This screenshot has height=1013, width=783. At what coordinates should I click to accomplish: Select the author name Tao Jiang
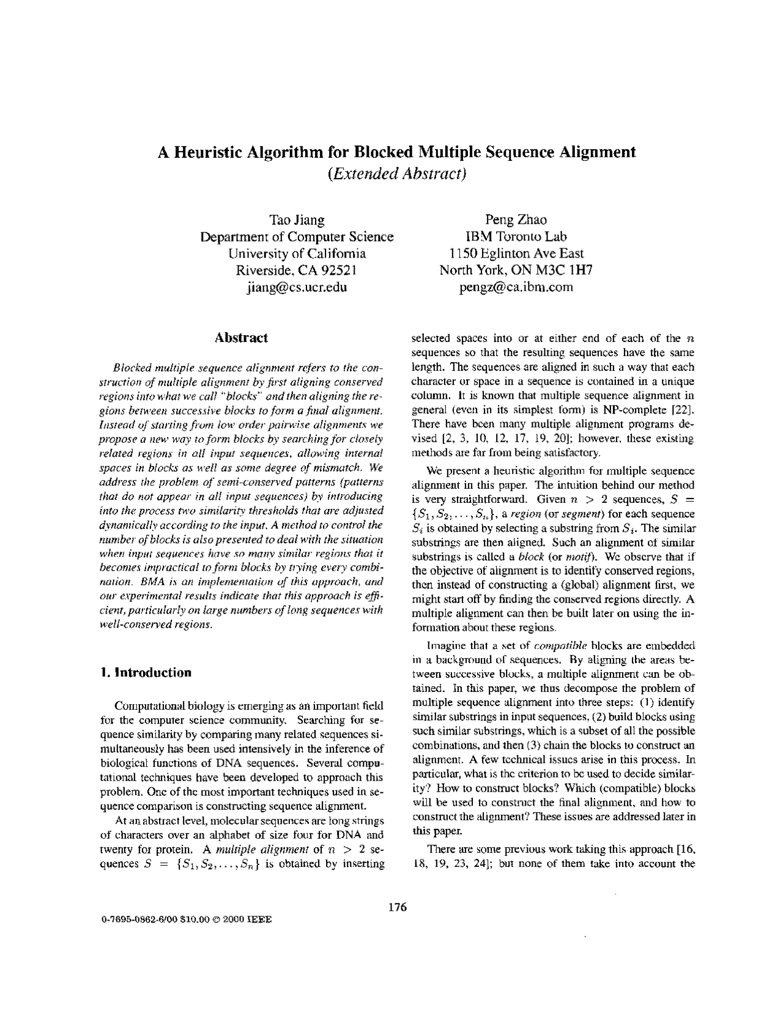(x=297, y=220)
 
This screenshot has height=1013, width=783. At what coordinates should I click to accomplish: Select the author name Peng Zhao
(x=516, y=220)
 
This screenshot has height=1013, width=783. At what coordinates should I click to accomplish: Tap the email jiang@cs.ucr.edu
(x=297, y=287)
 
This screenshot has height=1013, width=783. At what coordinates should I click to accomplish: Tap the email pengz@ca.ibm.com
(x=516, y=287)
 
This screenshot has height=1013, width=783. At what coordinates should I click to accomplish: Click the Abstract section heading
(x=241, y=338)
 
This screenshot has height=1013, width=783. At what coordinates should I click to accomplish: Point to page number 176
(x=397, y=907)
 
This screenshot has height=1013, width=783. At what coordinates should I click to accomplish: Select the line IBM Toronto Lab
(x=516, y=237)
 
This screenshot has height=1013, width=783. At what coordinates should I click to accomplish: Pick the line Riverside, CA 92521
(x=297, y=270)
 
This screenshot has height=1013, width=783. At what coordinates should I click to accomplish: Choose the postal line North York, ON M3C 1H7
(x=516, y=270)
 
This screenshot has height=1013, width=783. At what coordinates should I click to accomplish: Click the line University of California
(x=297, y=253)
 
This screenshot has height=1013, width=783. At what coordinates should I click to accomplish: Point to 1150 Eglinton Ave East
(x=516, y=253)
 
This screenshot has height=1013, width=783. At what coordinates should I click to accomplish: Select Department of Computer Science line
(x=297, y=237)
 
